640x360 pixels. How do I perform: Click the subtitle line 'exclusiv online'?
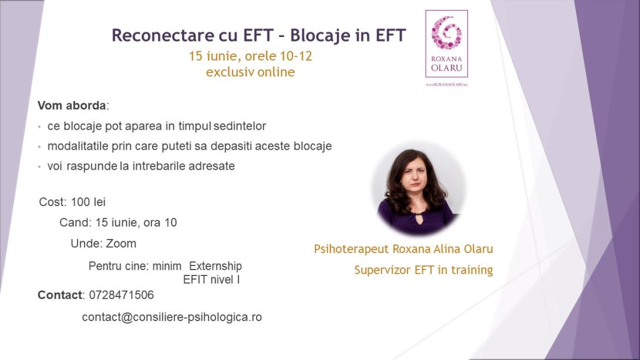click(250, 72)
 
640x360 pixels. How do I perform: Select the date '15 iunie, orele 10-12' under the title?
click(250, 56)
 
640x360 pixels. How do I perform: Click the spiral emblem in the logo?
click(446, 33)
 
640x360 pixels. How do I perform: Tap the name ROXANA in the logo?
click(446, 59)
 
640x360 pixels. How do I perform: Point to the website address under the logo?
click(446, 85)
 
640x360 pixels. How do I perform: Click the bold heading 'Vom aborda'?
click(72, 106)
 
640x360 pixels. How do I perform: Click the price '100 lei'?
click(88, 202)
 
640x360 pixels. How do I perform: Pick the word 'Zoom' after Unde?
click(121, 243)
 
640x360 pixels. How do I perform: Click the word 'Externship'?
click(215, 265)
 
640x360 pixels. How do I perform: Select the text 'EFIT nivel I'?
click(211, 280)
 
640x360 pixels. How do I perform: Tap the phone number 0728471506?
click(122, 295)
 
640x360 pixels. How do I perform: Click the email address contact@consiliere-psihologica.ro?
click(171, 317)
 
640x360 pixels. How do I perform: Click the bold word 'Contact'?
click(60, 295)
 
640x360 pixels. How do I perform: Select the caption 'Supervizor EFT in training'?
click(423, 270)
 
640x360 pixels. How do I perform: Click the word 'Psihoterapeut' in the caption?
click(351, 248)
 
